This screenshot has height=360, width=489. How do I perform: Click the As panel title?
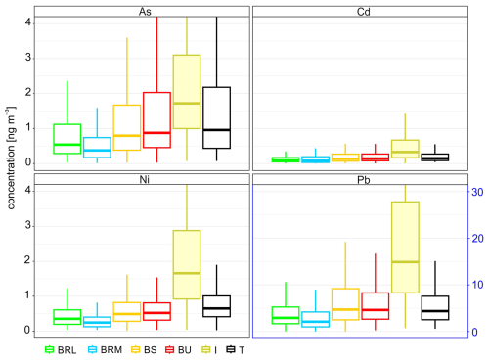(145, 12)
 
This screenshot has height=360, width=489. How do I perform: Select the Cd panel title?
(363, 12)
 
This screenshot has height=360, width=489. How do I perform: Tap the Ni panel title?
(144, 179)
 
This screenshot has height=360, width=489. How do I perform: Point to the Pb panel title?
(363, 180)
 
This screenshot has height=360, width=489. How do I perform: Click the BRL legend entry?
(61, 350)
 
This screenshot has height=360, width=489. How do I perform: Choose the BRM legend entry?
(105, 350)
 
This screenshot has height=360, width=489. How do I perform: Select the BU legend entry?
(178, 350)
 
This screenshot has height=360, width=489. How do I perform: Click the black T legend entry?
(236, 350)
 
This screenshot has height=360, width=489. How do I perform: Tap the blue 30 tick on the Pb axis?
(477, 192)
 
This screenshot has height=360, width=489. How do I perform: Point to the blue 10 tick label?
(477, 285)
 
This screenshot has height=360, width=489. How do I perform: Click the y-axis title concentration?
(11, 157)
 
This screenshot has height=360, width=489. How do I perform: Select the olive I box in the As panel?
(187, 92)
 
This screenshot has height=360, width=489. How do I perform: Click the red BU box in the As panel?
(156, 120)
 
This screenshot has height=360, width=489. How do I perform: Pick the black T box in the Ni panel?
(217, 306)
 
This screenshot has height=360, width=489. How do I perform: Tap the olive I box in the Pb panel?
(405, 247)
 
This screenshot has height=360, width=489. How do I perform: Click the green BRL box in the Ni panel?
(67, 317)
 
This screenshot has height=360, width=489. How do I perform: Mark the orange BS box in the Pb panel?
(345, 304)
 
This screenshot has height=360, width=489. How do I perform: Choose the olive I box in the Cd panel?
(405, 149)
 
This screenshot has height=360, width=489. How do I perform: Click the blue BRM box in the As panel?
(97, 148)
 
